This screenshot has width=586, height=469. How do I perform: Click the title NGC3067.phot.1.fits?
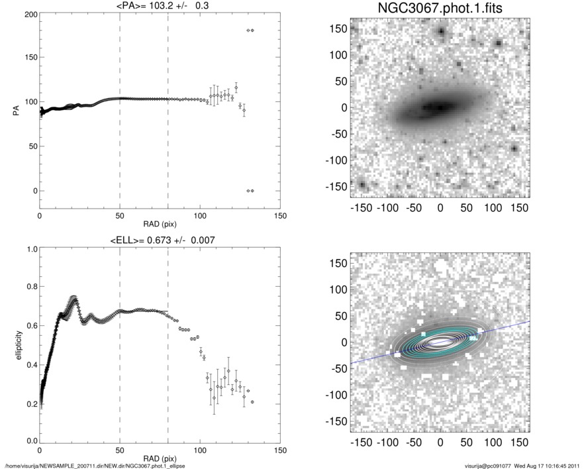click(x=440, y=10)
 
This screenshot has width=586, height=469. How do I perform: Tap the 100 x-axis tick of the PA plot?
click(x=200, y=217)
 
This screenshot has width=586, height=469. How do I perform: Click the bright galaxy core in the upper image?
click(x=438, y=107)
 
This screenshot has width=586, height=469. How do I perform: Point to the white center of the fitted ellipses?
click(x=439, y=342)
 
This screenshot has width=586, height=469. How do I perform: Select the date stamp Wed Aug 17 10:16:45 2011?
click(x=548, y=465)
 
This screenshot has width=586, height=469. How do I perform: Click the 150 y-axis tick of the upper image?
click(x=340, y=29)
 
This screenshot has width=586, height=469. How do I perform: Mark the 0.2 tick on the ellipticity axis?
click(x=28, y=403)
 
